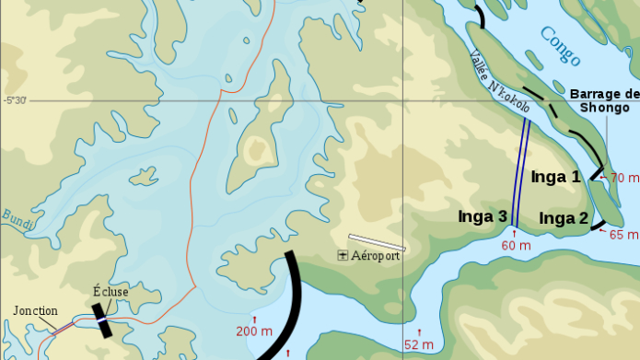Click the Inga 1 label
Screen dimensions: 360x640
tap(555, 175)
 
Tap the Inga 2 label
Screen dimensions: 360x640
tap(564, 218)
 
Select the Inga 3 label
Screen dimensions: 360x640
tap(483, 216)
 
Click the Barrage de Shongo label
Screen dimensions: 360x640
tap(604, 100)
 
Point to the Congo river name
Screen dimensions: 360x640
tap(560, 46)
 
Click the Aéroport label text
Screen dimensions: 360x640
tap(376, 255)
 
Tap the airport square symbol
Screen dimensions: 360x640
tap(343, 255)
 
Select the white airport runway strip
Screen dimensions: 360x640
tap(377, 242)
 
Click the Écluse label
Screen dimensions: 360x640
tap(111, 292)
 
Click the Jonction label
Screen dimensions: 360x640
tap(35, 311)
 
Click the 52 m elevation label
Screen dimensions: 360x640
tap(420, 344)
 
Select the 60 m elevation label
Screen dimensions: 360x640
tap(516, 245)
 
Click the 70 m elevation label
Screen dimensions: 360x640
tap(624, 178)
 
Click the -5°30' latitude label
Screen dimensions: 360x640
tap(15, 100)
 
